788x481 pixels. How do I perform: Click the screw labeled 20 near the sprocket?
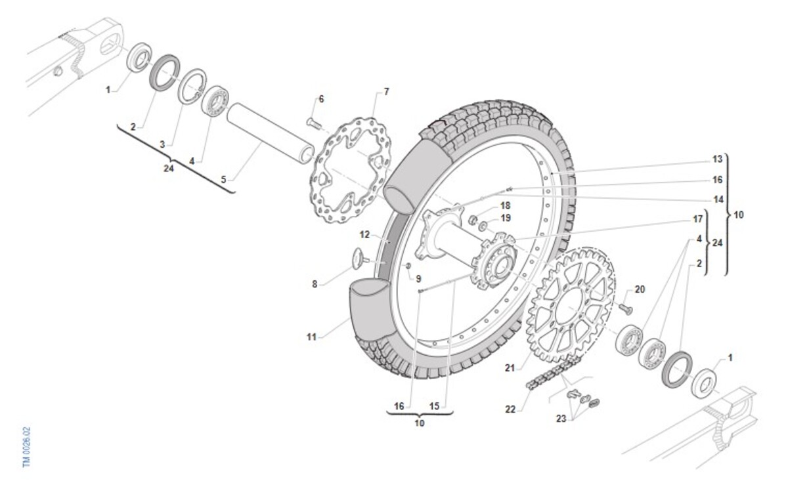click(x=624, y=306)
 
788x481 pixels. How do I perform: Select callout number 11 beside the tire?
click(x=311, y=337)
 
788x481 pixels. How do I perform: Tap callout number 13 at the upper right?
click(x=717, y=159)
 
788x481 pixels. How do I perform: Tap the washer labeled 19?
click(x=484, y=226)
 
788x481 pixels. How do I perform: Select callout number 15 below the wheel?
click(x=434, y=406)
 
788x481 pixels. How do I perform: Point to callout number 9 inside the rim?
click(x=418, y=278)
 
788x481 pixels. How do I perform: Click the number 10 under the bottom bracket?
click(x=420, y=423)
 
